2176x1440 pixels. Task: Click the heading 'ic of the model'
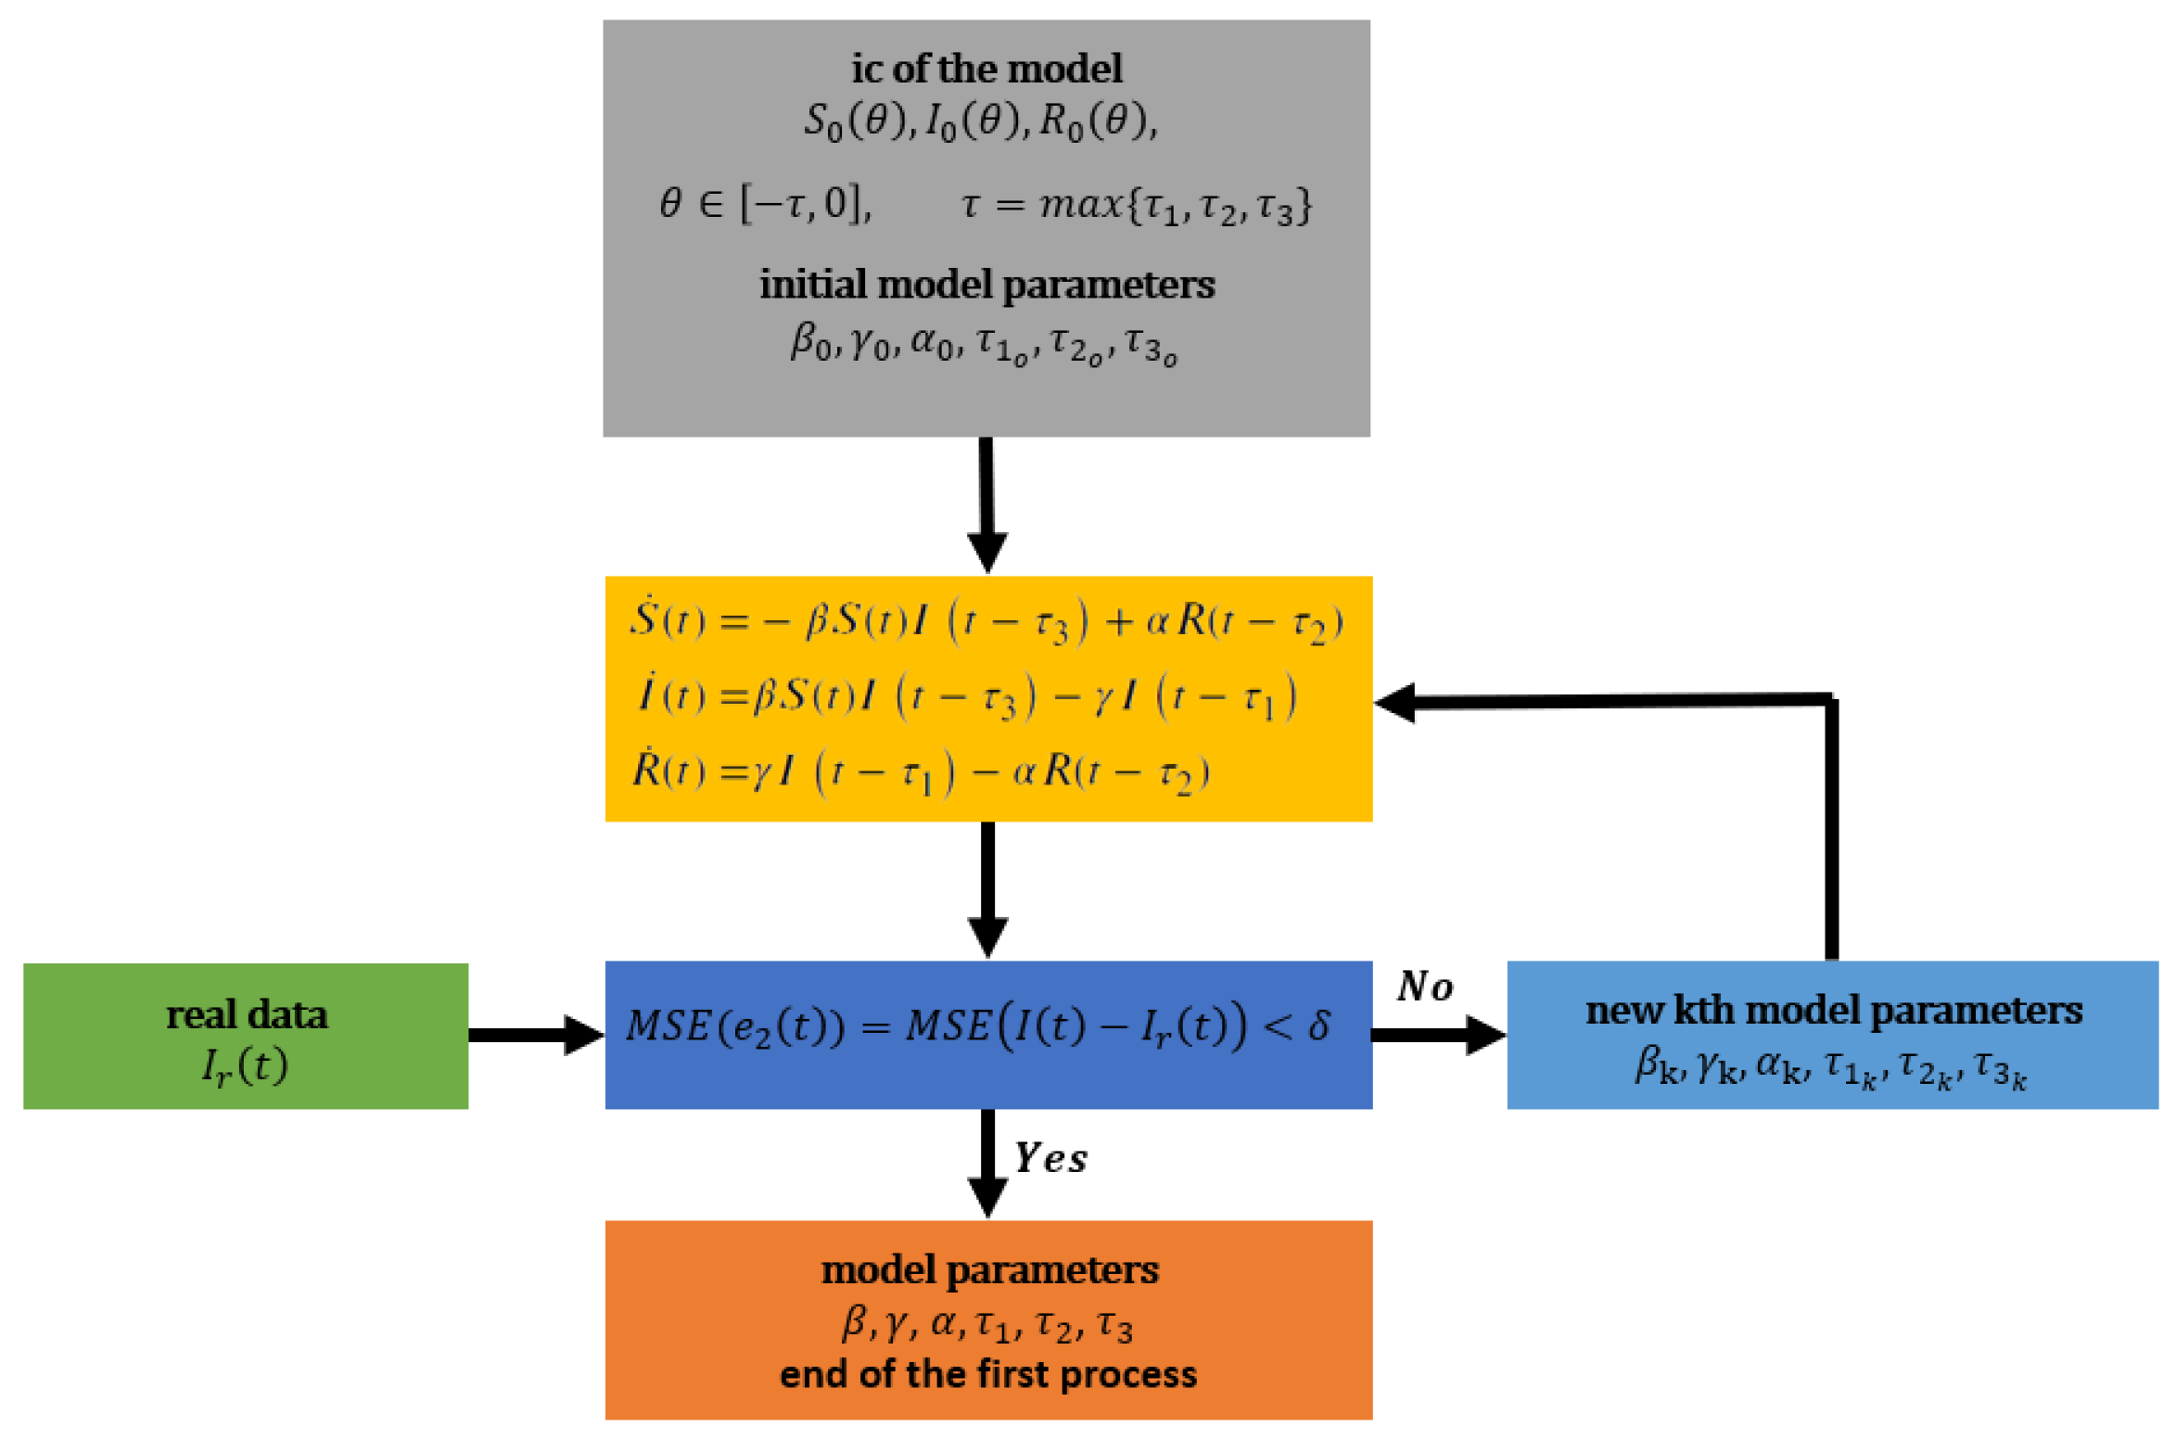[x=986, y=69]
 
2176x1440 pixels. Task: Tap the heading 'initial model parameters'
[x=986, y=284]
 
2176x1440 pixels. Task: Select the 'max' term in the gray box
[x=1080, y=203]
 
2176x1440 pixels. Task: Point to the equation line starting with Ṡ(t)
[x=986, y=620]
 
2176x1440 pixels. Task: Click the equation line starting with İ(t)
[x=967, y=696]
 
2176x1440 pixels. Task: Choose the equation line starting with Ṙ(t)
[x=921, y=771]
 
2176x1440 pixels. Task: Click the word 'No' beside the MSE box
[x=1426, y=987]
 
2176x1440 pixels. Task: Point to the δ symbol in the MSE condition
[x=1318, y=1026]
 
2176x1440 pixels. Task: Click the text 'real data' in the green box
[x=247, y=1014]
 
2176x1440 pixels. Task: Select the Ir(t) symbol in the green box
[x=245, y=1066]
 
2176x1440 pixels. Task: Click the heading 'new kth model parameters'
[x=1833, y=1010]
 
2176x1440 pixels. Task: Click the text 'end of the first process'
[x=988, y=1374]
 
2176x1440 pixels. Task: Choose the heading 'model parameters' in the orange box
[x=989, y=1269]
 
